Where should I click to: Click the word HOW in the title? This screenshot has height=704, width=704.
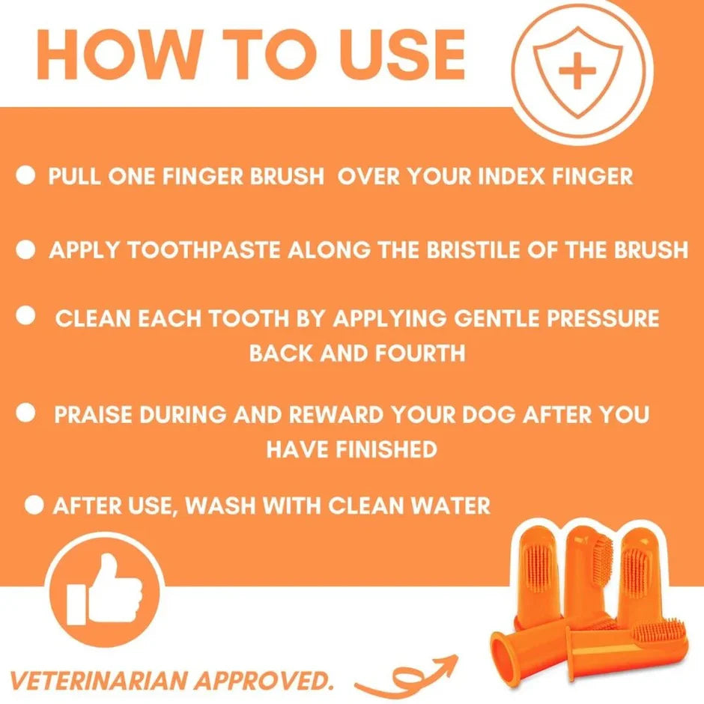pos(118,55)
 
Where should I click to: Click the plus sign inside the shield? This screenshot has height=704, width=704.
pos(577,70)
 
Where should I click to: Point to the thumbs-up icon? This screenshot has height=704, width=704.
pos(104,589)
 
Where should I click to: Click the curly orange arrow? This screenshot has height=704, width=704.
pos(407,678)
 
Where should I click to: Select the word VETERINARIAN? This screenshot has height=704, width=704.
pos(97,681)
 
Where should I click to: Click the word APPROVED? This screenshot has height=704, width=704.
pos(263,681)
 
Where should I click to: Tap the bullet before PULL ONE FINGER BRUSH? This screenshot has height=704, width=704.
pos(25,175)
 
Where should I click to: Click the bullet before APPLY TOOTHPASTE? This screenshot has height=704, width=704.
pos(25,249)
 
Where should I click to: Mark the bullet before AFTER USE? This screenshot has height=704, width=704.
pos(34,505)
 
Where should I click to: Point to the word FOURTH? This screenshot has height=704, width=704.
pos(420,353)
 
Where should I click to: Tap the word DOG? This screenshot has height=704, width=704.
pos(488,414)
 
